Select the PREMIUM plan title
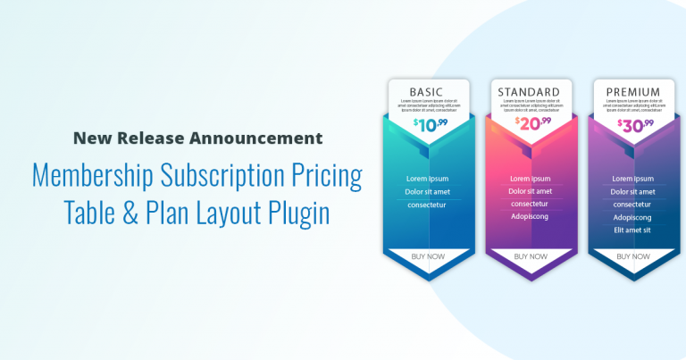[x=633, y=91]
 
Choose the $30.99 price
[x=635, y=124]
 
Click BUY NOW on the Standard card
[x=531, y=256]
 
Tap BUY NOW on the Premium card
[x=632, y=256]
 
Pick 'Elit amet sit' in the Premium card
[x=632, y=230]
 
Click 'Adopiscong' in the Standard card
[x=531, y=216]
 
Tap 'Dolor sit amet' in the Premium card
[x=632, y=191]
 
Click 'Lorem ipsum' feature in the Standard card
[x=531, y=179]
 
